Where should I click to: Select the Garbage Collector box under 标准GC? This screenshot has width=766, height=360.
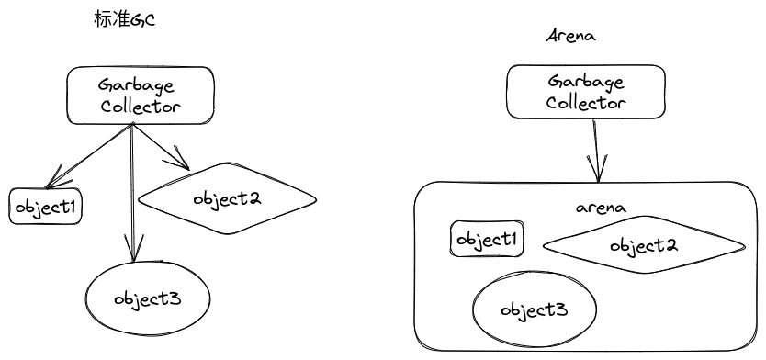pyautogui.click(x=140, y=96)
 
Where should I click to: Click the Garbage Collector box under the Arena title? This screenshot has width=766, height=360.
pyautogui.click(x=585, y=92)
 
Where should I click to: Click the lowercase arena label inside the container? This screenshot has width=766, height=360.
pyautogui.click(x=601, y=208)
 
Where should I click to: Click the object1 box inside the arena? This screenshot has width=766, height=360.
pyautogui.click(x=489, y=240)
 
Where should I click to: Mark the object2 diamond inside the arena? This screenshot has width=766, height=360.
pyautogui.click(x=644, y=246)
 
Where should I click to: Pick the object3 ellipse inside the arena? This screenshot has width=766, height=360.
pyautogui.click(x=533, y=309)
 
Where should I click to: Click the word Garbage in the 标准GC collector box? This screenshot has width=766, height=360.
pyautogui.click(x=140, y=84)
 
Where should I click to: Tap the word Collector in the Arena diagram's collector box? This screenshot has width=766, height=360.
pyautogui.click(x=585, y=102)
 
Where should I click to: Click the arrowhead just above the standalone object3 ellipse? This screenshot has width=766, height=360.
pyautogui.click(x=134, y=250)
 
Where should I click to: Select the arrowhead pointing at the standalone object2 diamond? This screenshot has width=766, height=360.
pyautogui.click(x=179, y=163)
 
